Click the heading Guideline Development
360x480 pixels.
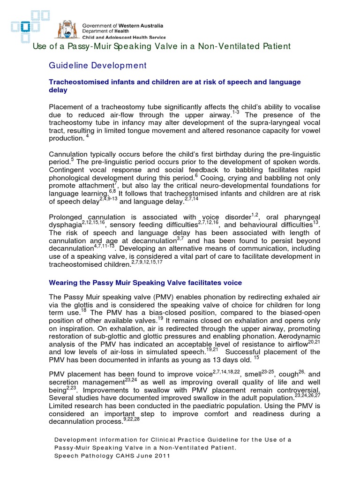tap(98, 65)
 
